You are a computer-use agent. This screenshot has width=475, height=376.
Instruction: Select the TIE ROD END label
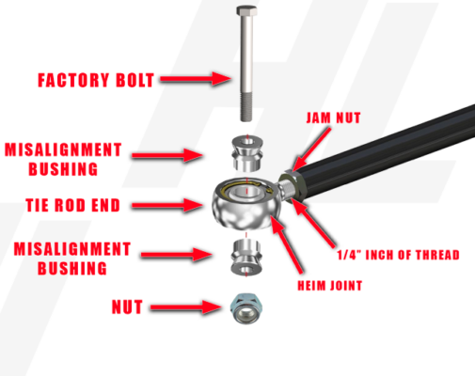[89, 203]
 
